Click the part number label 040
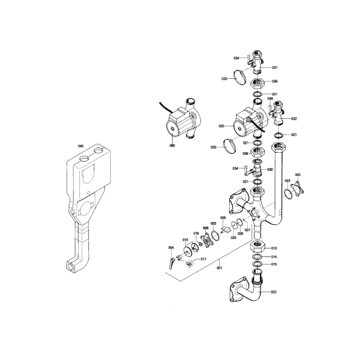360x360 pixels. click(x=81, y=146)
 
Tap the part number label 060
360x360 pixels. click(x=172, y=145)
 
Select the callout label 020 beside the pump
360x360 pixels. click(x=221, y=126)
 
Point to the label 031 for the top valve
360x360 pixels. click(x=275, y=67)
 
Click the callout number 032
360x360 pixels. click(x=294, y=119)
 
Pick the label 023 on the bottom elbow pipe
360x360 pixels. click(x=274, y=292)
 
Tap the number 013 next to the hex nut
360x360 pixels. click(x=274, y=248)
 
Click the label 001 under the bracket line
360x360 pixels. click(x=220, y=268)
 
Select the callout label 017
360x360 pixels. click(x=203, y=259)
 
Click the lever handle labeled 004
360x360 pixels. click(x=171, y=263)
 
